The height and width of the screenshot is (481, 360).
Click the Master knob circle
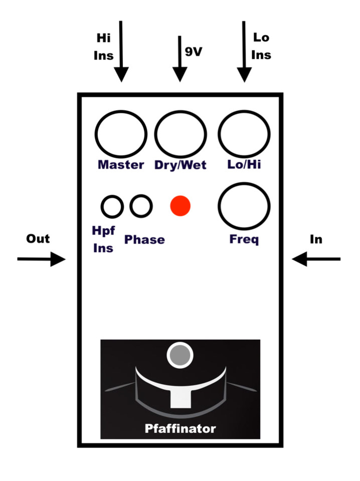(121, 134)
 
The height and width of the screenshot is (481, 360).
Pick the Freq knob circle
(244, 205)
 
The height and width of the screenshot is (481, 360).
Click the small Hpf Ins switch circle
(112, 205)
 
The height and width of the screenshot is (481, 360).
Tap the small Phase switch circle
(141, 205)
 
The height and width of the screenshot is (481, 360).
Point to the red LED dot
(180, 205)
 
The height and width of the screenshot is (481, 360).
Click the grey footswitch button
(180, 355)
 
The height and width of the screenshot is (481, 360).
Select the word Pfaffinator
(180, 428)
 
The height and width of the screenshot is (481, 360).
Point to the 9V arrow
(179, 60)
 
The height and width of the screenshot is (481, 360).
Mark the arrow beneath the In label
(316, 259)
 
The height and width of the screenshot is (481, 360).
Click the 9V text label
(194, 52)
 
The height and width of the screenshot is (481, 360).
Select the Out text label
(38, 238)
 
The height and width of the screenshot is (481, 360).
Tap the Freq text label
(244, 239)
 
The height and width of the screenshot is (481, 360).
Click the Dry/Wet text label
(181, 165)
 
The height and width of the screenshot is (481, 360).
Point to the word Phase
(144, 239)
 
